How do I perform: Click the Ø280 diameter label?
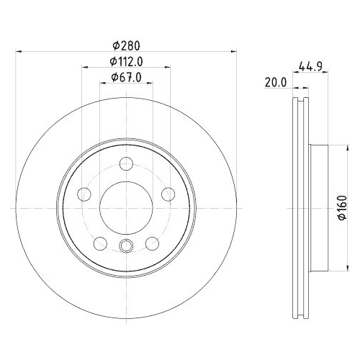[126, 45]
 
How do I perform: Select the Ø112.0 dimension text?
[126, 62]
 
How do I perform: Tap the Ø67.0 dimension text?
[126, 77]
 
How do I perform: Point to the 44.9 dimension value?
[310, 66]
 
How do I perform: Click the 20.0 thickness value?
[276, 83]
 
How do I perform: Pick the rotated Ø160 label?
[342, 207]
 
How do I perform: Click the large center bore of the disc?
[126, 208]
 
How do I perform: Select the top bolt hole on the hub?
[126, 163]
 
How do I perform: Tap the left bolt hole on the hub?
[84, 194]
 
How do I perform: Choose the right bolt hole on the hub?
[168, 194]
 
